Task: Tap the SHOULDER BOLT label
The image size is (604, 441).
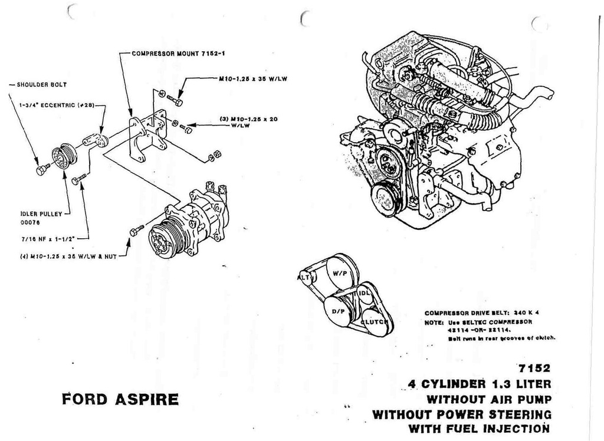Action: point(37,84)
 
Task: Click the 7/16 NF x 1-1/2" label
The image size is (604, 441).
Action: point(42,239)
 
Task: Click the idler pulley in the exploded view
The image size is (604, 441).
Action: point(63,156)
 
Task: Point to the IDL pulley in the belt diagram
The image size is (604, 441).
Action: point(364,293)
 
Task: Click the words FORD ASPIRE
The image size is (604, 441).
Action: point(120,399)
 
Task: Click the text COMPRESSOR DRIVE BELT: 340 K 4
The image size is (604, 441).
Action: point(482,313)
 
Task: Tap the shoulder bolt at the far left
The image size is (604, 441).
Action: point(41,170)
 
